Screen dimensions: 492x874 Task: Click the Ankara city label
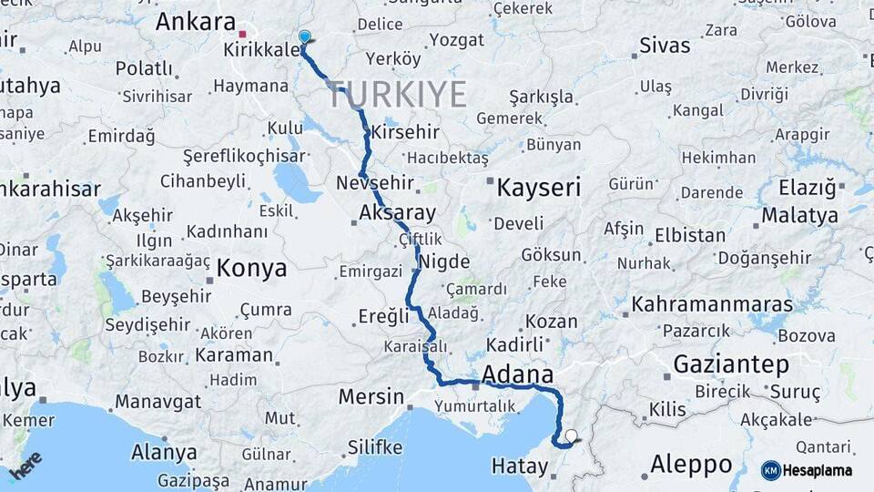pos(195,21)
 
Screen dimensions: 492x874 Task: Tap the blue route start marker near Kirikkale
pos(304,36)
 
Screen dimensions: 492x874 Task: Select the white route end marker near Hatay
pos(571,436)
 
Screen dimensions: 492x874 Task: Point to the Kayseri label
pos(538,188)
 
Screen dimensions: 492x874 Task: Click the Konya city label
pos(252,269)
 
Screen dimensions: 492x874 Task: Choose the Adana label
pos(517,374)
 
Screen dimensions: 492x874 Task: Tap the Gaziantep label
pos(731,364)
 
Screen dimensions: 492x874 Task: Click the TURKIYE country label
pos(397,94)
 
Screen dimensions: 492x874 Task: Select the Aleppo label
pos(691,464)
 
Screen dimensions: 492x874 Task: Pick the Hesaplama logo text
pos(819,470)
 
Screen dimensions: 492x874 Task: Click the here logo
pos(25,465)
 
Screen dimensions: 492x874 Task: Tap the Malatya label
pos(799,216)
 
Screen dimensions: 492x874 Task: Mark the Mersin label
pos(371,396)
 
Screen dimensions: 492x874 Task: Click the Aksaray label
pos(398,212)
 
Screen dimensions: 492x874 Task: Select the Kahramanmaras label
pos(712,304)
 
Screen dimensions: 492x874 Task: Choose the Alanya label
pos(164,452)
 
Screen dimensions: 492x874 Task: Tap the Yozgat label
pos(457,39)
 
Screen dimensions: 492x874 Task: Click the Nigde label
pos(444,263)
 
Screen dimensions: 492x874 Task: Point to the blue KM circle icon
pos(771,470)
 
